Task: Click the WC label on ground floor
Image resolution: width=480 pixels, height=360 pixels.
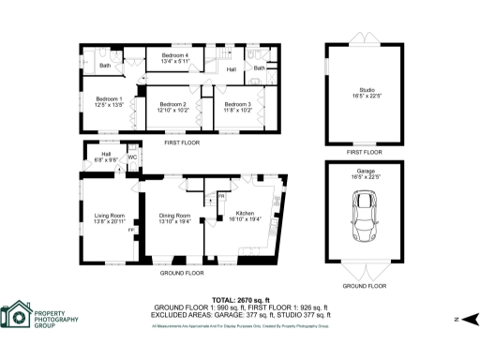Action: click(133, 157)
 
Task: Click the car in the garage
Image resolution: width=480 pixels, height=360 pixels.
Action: click(365, 217)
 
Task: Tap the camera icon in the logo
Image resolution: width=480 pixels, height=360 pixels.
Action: click(16, 319)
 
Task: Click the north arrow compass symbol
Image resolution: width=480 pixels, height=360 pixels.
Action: click(471, 319)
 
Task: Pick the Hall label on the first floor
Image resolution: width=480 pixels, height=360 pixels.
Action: click(231, 69)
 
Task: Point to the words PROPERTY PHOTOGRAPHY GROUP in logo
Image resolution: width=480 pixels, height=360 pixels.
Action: click(57, 318)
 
